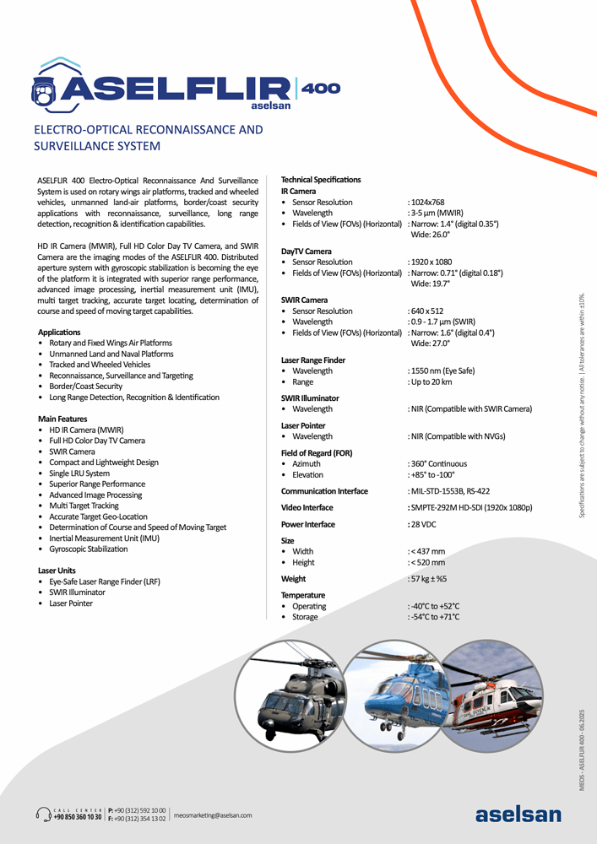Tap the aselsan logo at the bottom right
[518, 814]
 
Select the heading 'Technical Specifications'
[320, 180]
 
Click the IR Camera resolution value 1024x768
[426, 203]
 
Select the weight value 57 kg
[429, 579]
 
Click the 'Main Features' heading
[64, 419]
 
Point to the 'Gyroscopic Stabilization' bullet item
[89, 549]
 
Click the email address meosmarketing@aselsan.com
[213, 815]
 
